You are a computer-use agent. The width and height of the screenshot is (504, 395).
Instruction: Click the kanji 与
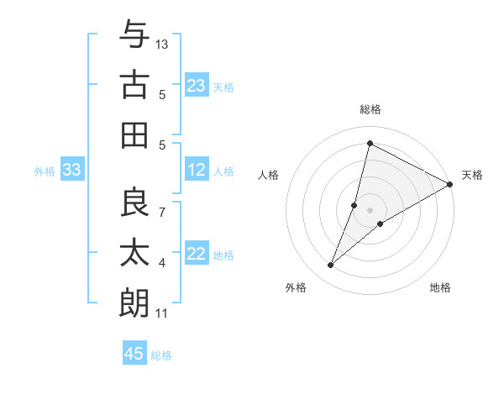pos(134,35)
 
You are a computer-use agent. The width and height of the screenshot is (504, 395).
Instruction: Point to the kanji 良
pos(134,202)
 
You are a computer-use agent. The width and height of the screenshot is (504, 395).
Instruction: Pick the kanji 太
pos(134,252)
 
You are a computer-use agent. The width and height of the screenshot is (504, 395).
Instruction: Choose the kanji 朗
pos(134,303)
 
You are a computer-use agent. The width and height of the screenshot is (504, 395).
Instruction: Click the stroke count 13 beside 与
pos(162,44)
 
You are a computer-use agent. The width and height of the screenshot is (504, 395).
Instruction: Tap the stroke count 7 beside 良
pos(162,210)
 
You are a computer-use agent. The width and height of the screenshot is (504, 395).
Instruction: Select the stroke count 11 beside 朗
pos(161,313)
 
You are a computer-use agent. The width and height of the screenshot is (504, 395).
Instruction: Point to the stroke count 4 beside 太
pos(162,263)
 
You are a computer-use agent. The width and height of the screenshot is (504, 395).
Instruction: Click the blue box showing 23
pos(197,86)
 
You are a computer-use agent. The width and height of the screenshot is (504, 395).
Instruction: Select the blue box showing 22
pos(197,255)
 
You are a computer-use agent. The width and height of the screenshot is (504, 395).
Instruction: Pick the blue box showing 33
pos(71,171)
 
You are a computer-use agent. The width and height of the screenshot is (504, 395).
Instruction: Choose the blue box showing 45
pos(134,354)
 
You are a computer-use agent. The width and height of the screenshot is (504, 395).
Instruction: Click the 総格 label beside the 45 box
pos(161,355)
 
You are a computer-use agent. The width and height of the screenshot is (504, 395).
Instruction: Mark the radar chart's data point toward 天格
pos(450,185)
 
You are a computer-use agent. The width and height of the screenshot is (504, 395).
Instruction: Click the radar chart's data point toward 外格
pos(331,266)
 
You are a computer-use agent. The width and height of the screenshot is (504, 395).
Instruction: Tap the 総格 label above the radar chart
pos(370,109)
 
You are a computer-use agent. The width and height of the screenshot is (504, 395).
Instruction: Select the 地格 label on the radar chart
pos(440,287)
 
